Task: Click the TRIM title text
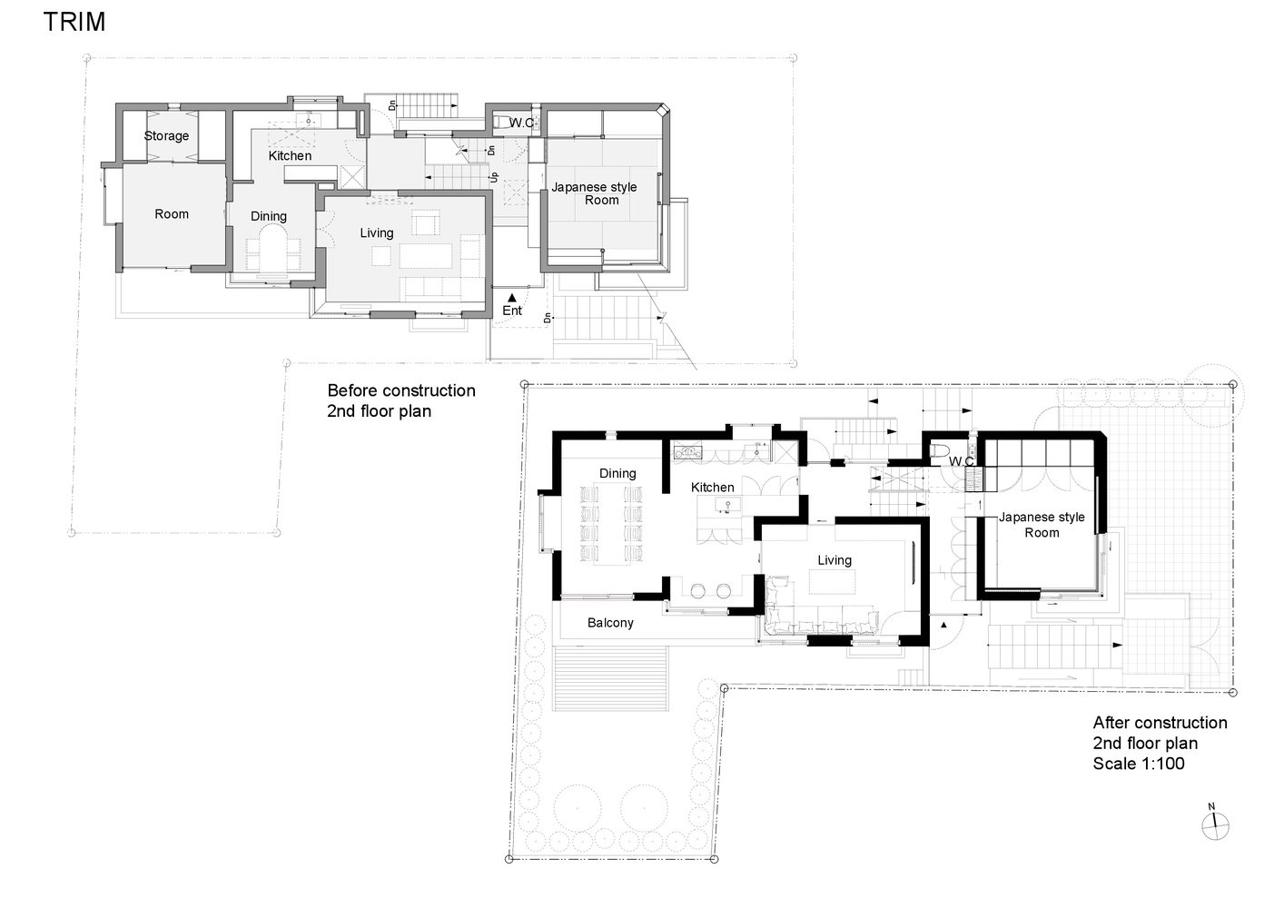pos(74,22)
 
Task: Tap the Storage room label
pos(166,136)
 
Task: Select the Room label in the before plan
pos(172,213)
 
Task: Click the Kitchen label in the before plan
pos(290,156)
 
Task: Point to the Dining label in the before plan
pos(269,217)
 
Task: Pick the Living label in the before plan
pos(377,233)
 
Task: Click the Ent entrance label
pos(512,311)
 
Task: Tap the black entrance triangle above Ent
pos(512,298)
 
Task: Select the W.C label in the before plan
pos(521,123)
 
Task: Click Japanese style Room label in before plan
pos(595,193)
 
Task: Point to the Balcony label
pos(610,623)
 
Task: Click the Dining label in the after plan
pos(617,474)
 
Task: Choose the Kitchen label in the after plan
pos(713,488)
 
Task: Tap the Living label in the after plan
pos(835,560)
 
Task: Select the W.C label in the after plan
pos(962,461)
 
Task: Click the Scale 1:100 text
pos(1139,764)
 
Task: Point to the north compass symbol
pos(1215,826)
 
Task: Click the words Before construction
pos(401,391)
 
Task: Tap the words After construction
pos(1161,723)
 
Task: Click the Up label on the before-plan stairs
pos(494,178)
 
